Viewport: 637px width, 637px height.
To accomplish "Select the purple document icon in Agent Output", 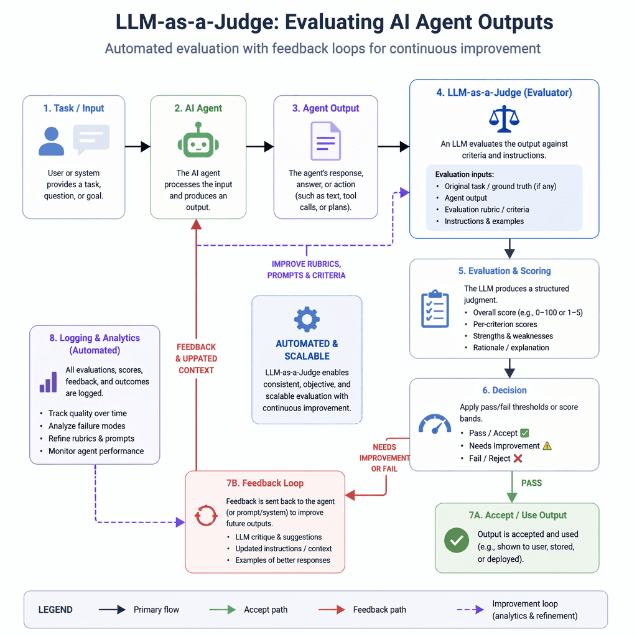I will click(326, 141).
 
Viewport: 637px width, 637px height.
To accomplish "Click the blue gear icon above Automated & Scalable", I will click(307, 319).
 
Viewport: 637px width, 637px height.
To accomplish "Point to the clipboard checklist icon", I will click(434, 309).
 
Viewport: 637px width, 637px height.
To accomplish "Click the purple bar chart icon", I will click(48, 382).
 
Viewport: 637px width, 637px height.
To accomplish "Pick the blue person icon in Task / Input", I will click(51, 141).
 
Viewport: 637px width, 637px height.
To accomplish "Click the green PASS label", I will click(531, 482).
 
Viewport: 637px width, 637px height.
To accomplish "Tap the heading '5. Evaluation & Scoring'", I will click(504, 271).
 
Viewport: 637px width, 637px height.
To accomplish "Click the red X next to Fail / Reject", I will click(518, 458).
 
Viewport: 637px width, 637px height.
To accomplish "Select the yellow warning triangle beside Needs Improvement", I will click(547, 445).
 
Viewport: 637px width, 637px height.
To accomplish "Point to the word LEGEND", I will click(55, 610).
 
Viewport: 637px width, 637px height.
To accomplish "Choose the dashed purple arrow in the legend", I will click(470, 610).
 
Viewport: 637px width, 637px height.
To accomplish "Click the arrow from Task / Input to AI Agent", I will click(137, 147).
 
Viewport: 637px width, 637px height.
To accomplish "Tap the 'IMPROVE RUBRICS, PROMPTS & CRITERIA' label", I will click(306, 269).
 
